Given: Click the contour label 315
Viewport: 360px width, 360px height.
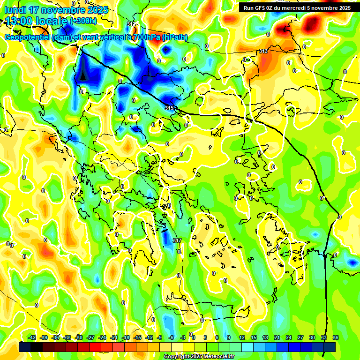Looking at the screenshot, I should tap(169, 108).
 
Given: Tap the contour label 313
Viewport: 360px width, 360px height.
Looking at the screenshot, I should tap(263, 51).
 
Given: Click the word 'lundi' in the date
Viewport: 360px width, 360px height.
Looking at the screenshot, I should tap(16, 10).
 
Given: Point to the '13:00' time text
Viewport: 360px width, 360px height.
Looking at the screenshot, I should tap(21, 21).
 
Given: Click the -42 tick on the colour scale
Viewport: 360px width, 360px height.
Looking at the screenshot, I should tap(32, 337).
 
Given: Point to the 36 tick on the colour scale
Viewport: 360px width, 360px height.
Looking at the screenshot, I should tap(336, 337).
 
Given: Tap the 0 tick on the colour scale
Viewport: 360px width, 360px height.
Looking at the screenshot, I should tap(194, 337).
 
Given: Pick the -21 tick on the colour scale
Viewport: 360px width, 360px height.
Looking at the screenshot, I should tap(114, 337).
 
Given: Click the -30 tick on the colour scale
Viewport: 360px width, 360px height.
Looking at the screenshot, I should tap(79, 337).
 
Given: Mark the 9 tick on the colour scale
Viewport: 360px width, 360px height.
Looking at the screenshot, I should tap(229, 337).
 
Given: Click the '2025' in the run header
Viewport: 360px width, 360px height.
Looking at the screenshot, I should tap(342, 8).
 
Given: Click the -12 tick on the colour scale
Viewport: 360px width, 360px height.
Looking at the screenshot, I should tap(149, 337).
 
